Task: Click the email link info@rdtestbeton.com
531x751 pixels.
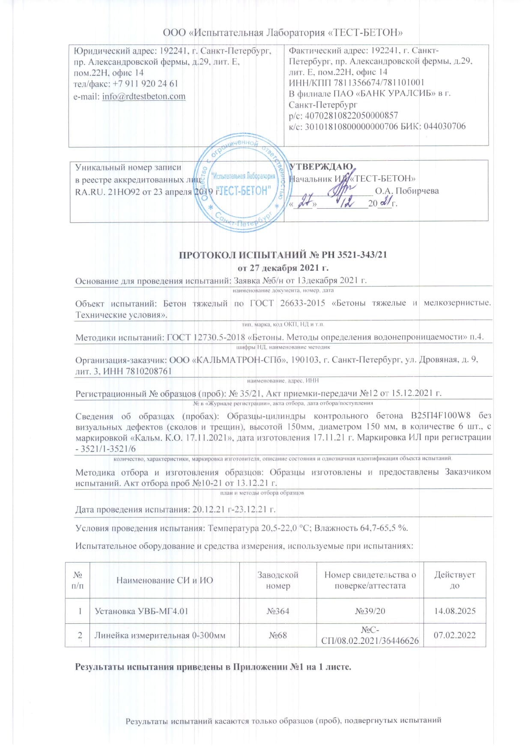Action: click(x=143, y=96)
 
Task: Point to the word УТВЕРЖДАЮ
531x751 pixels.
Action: click(x=321, y=167)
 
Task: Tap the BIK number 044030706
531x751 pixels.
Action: click(x=444, y=126)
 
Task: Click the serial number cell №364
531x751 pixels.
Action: click(x=277, y=611)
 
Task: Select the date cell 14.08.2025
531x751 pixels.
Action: click(x=455, y=611)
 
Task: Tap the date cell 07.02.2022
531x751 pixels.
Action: click(x=455, y=635)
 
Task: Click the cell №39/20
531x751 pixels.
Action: click(x=370, y=611)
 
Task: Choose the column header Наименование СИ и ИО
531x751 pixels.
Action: click(x=164, y=580)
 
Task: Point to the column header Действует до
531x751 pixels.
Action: click(x=455, y=580)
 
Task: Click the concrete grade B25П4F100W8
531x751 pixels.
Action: click(x=441, y=416)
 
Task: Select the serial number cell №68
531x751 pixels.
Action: click(x=277, y=635)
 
